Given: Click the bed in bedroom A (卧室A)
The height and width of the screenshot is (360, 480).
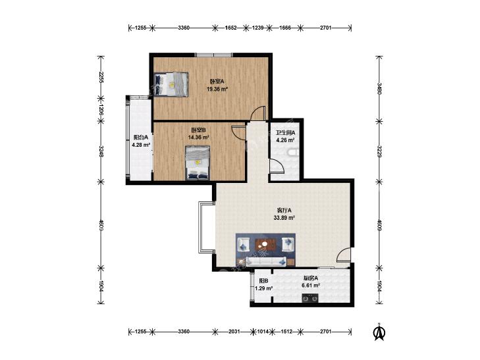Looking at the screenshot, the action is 171,84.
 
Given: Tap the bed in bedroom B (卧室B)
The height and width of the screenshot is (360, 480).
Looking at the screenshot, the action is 198,163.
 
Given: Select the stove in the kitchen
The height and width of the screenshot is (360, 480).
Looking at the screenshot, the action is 310,297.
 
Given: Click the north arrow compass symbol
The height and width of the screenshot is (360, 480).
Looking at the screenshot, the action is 379,331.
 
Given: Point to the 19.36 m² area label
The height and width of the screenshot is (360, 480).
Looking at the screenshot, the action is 217,90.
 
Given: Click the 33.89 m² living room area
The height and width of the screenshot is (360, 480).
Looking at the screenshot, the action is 284,218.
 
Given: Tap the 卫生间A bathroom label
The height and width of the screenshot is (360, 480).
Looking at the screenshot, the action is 285,133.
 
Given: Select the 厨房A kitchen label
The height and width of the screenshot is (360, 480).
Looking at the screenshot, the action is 311,278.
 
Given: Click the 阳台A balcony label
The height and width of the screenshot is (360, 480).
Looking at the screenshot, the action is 141,138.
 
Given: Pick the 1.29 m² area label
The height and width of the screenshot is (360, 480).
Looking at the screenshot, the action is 263,288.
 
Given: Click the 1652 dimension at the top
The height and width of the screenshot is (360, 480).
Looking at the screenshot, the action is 231,28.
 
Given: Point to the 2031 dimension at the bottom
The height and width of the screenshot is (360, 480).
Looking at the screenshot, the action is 234,331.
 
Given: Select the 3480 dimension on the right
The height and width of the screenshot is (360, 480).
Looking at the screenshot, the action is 379,89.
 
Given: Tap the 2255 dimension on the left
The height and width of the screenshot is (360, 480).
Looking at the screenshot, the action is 101,78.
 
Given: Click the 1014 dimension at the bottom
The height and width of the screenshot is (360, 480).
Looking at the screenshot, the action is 263,331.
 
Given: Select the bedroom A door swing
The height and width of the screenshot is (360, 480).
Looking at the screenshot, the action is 258,113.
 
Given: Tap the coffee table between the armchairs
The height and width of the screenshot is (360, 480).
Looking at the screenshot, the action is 265,244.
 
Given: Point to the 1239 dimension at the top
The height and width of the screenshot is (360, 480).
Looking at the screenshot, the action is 257,28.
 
